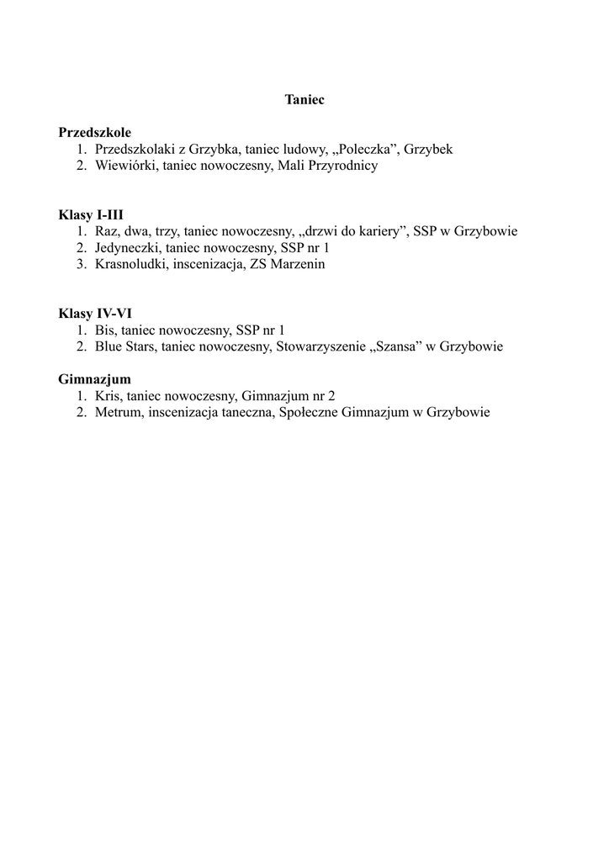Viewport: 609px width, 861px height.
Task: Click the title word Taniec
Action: [x=304, y=99]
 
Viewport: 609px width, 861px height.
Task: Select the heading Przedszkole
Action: [x=95, y=132]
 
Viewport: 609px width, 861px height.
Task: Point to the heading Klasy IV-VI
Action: [x=95, y=314]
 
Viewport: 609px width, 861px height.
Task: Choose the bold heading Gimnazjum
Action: [x=95, y=379]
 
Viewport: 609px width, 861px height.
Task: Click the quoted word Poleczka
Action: [x=365, y=149]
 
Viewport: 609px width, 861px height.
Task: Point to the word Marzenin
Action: [x=298, y=264]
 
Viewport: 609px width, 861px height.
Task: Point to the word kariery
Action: [x=378, y=231]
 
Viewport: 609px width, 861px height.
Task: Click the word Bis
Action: [x=106, y=330]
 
